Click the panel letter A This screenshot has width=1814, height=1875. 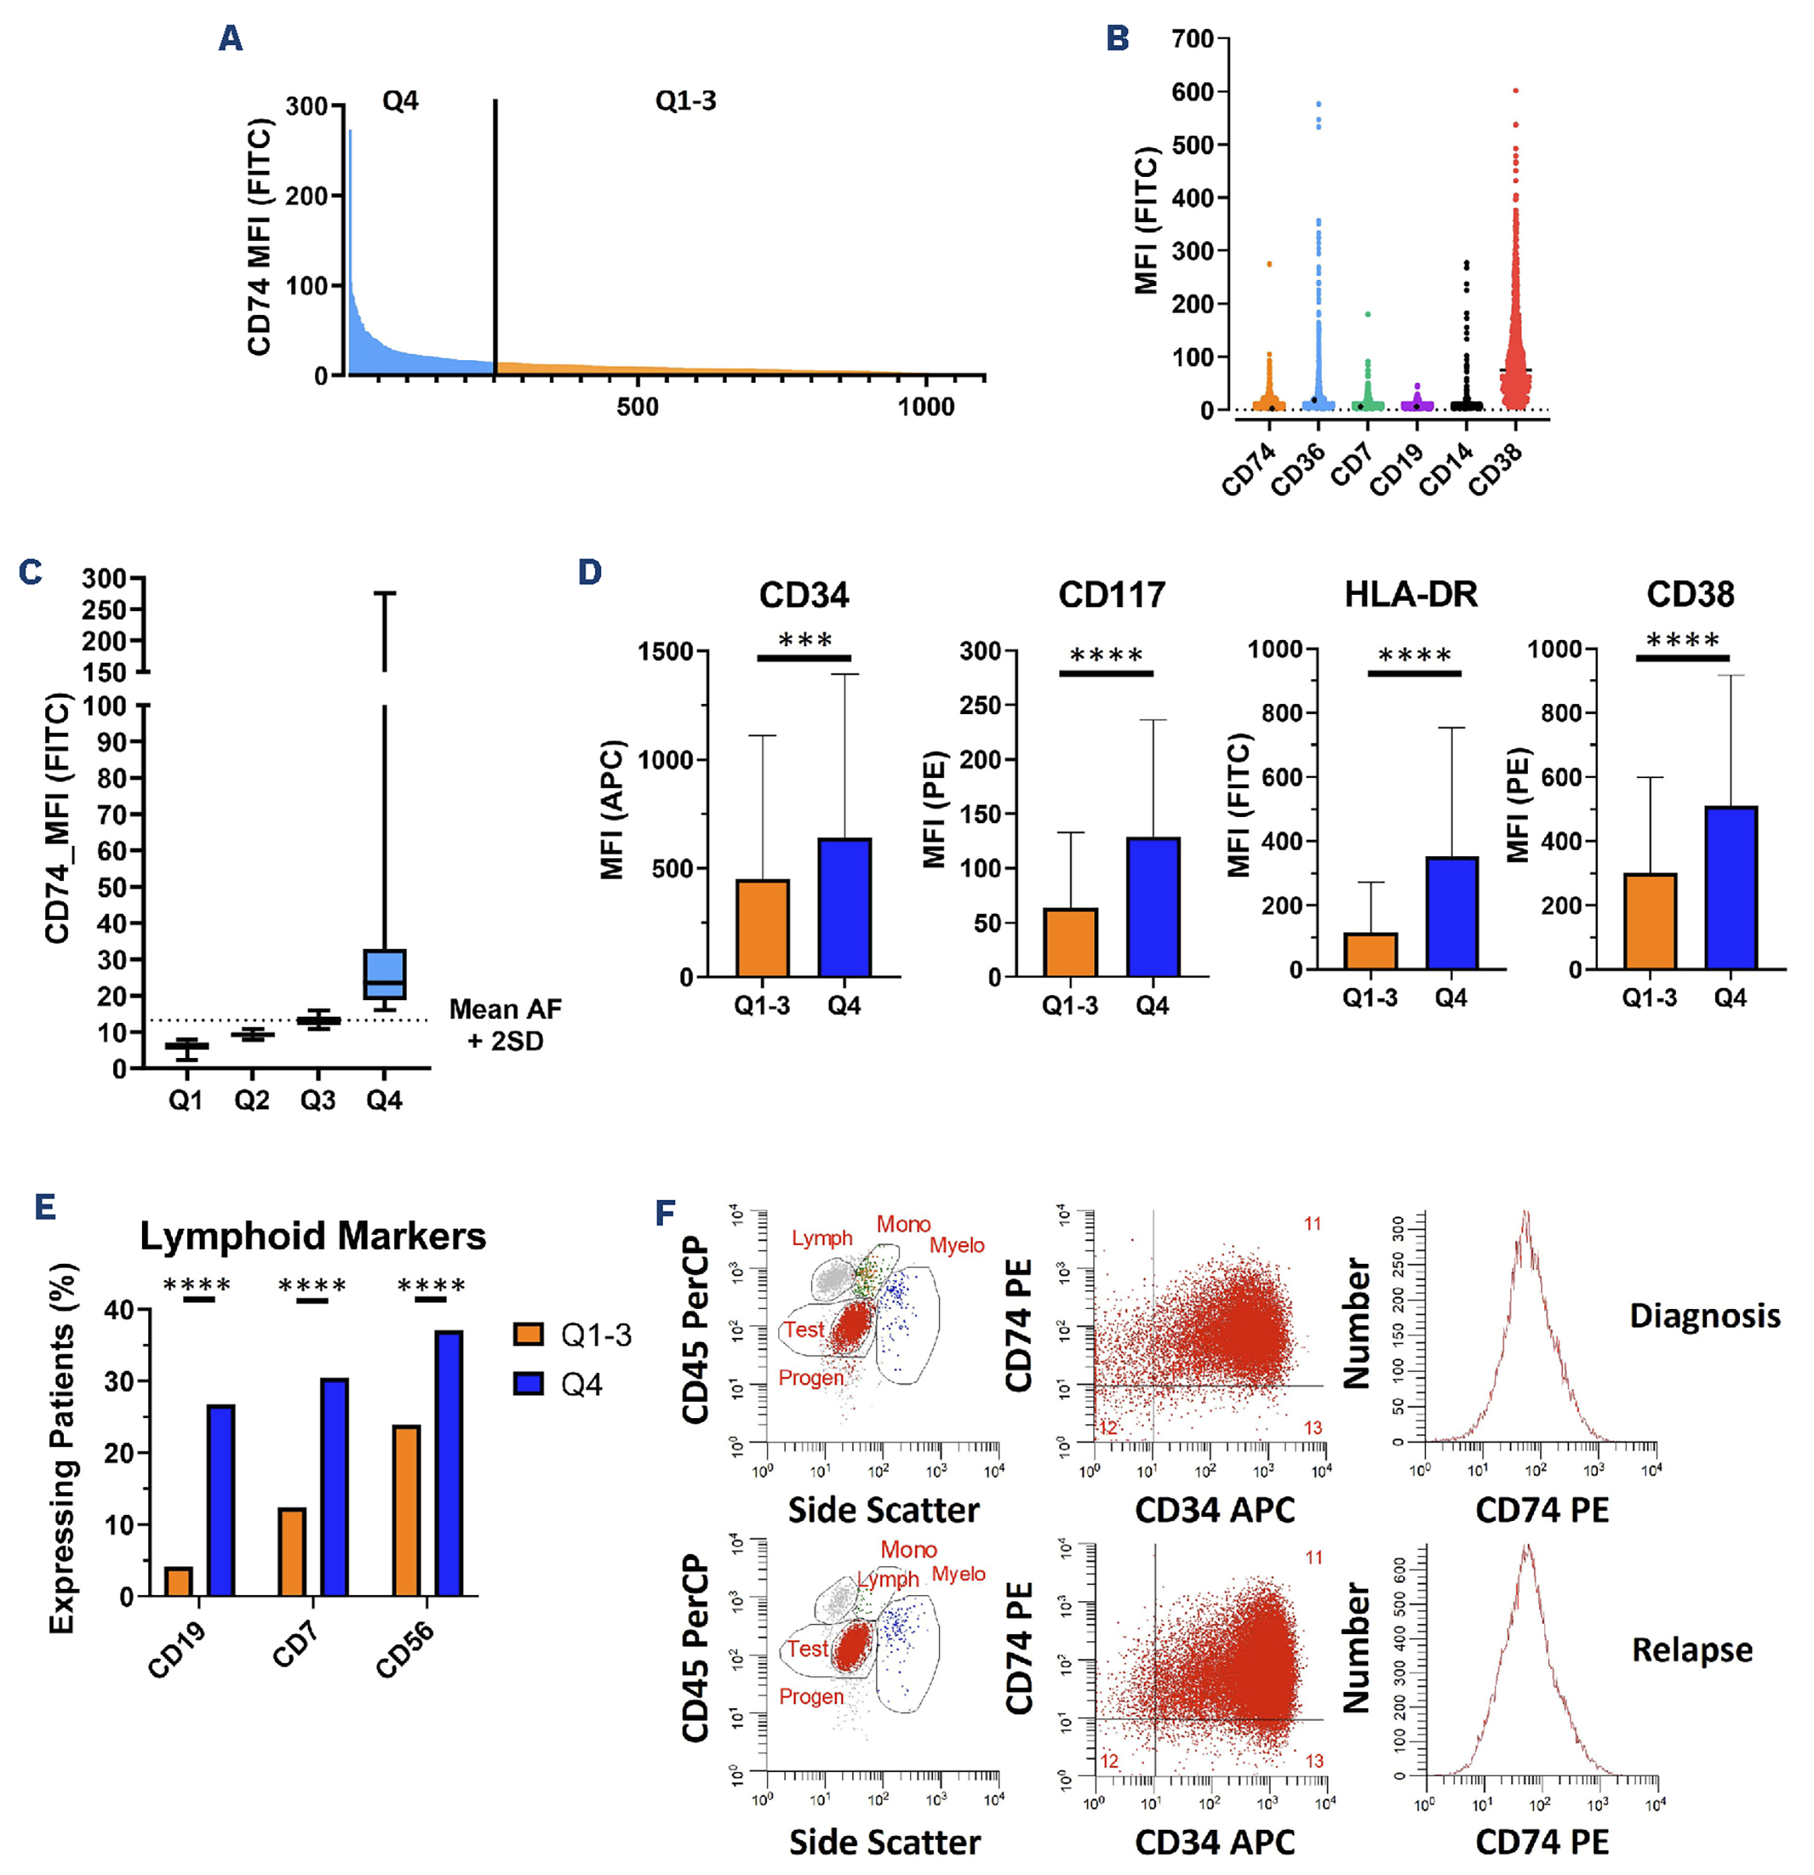tap(231, 38)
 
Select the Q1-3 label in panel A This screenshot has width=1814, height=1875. tap(685, 101)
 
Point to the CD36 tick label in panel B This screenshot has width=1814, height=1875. tap(1298, 469)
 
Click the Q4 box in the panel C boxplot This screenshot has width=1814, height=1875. tap(384, 974)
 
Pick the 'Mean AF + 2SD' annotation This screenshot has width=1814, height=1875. tap(505, 1024)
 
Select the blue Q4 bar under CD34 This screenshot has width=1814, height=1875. tap(845, 907)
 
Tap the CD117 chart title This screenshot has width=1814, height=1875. tap(1112, 595)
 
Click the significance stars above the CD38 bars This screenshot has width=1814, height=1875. tap(1683, 640)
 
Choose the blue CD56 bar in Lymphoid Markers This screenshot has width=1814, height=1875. tap(448, 1463)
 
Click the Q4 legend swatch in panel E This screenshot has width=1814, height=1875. tap(528, 1385)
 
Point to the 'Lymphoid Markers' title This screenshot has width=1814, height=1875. tap(313, 1236)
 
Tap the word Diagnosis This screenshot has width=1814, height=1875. tap(1705, 1316)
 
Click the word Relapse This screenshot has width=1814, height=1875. tap(1692, 1650)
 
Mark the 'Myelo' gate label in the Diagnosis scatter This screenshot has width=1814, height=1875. tap(957, 1246)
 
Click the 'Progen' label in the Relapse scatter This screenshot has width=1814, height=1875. tap(811, 1696)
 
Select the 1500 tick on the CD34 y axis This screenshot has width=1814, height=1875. tap(666, 652)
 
